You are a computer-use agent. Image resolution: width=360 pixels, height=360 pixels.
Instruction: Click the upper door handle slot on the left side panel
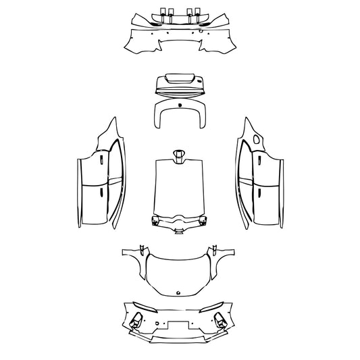[x=101, y=160]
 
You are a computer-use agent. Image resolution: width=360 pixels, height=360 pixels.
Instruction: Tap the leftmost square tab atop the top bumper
[x=161, y=11]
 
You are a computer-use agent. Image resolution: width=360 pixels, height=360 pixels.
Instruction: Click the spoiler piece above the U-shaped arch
[x=179, y=84]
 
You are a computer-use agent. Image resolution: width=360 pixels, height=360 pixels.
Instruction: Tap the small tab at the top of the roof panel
[x=179, y=155]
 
